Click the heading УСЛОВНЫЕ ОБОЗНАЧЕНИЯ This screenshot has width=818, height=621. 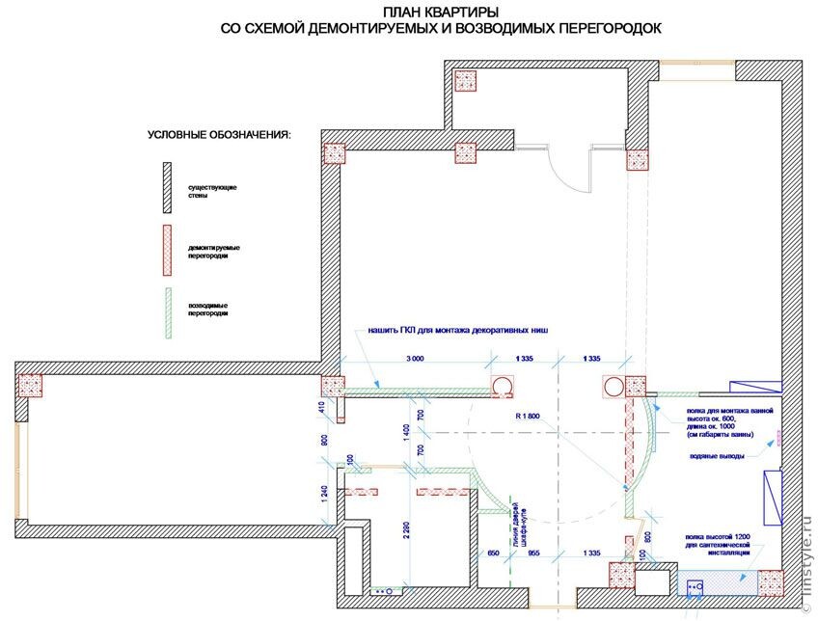[218, 134]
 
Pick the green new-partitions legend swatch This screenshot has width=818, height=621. [166, 312]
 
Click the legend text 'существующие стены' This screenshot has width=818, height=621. [213, 190]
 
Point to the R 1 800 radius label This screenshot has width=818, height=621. [528, 417]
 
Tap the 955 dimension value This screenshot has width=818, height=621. [533, 553]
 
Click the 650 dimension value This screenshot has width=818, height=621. [494, 553]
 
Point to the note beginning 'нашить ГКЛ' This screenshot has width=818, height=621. [457, 331]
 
